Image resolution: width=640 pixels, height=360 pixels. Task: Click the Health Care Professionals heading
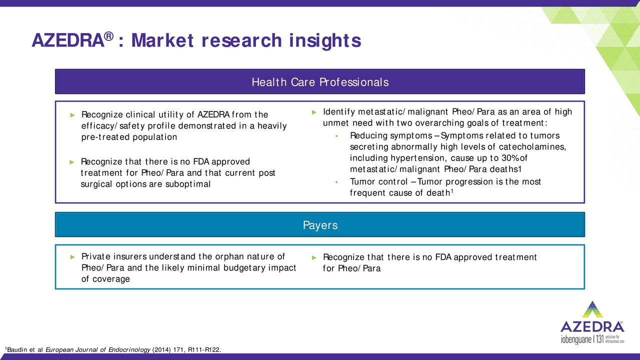(x=320, y=82)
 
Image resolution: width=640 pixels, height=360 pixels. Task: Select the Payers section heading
(x=320, y=225)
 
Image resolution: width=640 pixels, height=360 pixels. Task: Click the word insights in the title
(x=324, y=40)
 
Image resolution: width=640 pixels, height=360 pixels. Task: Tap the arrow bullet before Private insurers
(x=73, y=257)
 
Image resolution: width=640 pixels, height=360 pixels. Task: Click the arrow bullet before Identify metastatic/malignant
(x=313, y=111)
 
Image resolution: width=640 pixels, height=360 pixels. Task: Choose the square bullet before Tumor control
(x=338, y=182)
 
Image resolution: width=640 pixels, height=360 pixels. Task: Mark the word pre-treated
(x=102, y=137)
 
